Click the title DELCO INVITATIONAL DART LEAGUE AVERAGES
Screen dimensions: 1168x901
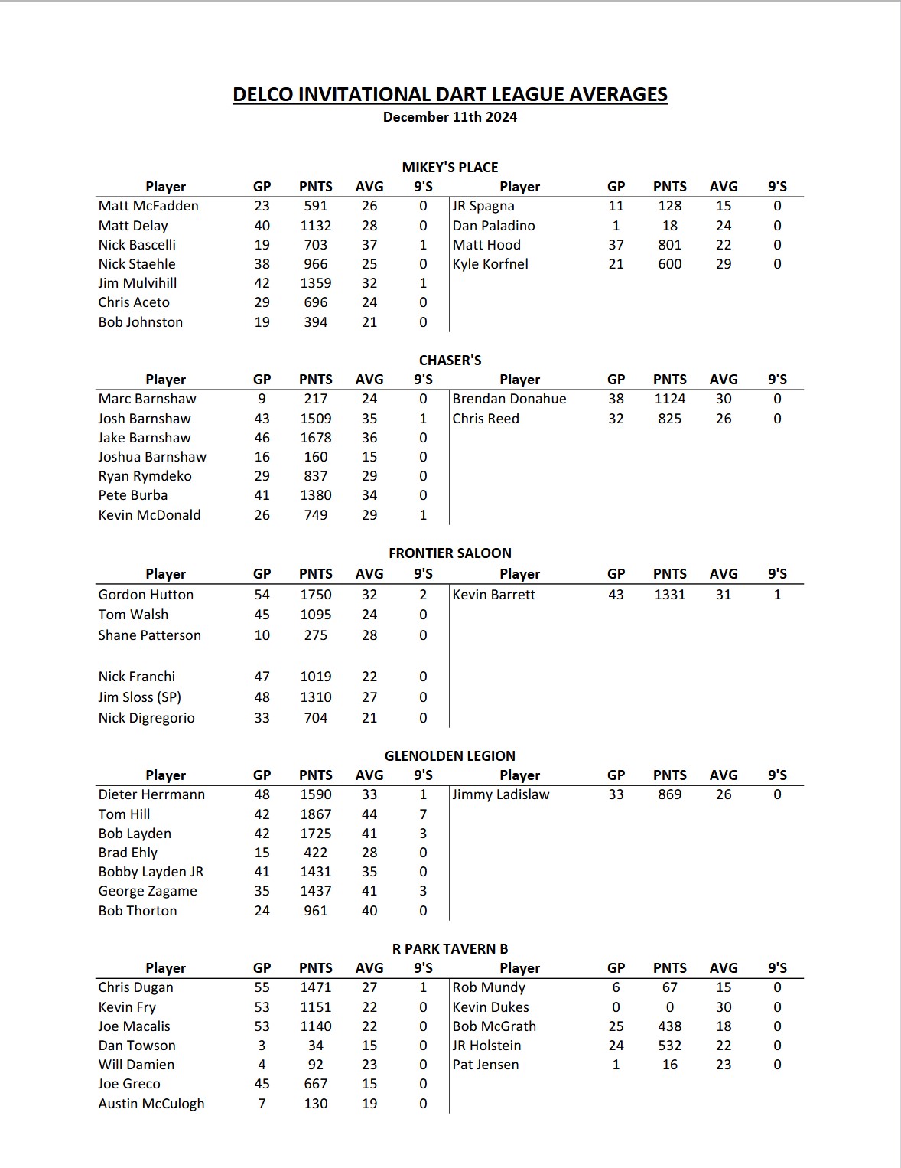tap(450, 94)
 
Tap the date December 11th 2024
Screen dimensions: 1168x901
tap(450, 117)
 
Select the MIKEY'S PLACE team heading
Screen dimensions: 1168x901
tap(450, 168)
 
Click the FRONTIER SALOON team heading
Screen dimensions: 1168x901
tap(450, 553)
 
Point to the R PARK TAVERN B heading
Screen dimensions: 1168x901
tap(450, 949)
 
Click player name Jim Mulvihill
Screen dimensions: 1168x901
tap(138, 283)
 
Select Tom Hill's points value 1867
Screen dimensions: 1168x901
tap(315, 814)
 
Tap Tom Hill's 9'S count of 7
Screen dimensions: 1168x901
tap(423, 814)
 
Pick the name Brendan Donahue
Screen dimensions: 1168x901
tap(509, 399)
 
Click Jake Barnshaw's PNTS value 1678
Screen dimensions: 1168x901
tap(315, 438)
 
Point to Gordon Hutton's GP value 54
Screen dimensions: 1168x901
tap(262, 595)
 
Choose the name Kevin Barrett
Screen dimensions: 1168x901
tap(494, 595)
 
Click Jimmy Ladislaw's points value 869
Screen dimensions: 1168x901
tap(669, 794)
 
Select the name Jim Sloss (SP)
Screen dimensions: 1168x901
tap(140, 697)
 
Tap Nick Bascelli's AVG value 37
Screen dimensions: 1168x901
tap(369, 245)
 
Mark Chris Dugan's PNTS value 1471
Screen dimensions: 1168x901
tap(315, 987)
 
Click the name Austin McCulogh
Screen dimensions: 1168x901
tap(151, 1104)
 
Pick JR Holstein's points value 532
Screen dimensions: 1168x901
tap(669, 1046)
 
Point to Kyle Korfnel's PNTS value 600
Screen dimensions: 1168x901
tap(669, 264)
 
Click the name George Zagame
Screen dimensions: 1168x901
tap(148, 891)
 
